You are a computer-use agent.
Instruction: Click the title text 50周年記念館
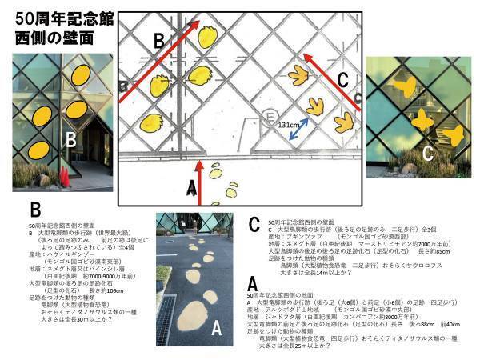click(60, 17)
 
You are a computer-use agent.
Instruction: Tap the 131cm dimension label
click(290, 125)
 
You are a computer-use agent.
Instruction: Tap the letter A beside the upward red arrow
click(190, 186)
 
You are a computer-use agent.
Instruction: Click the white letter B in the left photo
click(71, 141)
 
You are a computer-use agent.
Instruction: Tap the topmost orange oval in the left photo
click(80, 74)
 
